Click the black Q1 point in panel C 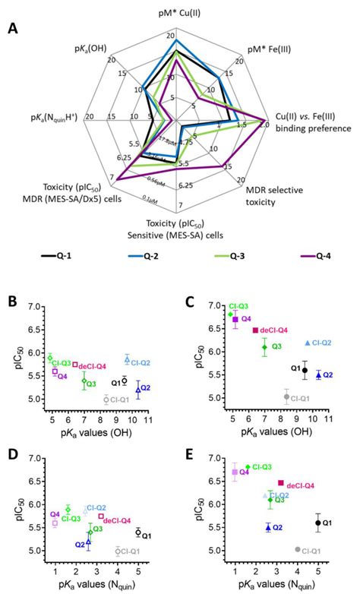(x=305, y=370)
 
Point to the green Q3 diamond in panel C (x=264, y=347)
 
